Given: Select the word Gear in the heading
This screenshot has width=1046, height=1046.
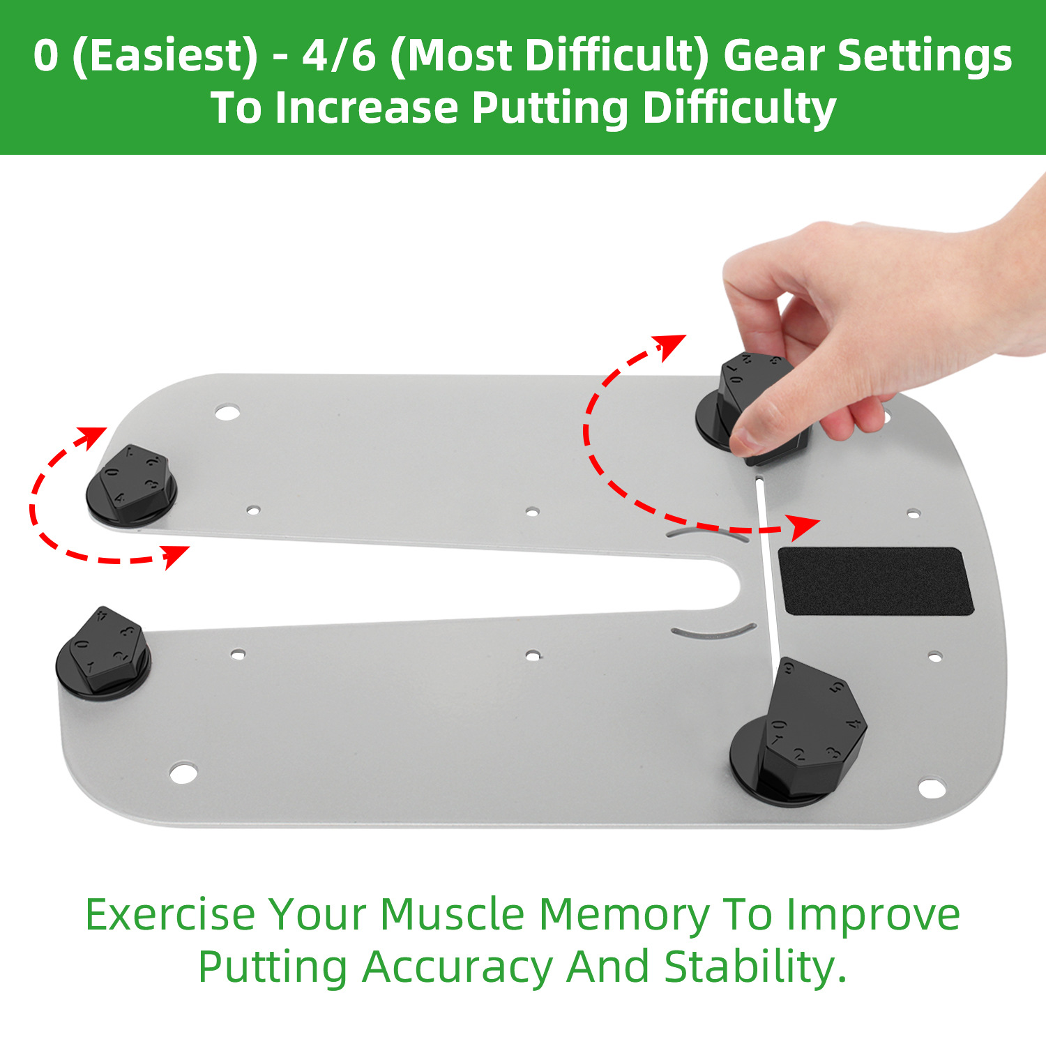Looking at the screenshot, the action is [772, 56].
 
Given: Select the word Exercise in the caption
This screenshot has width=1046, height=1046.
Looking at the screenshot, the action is [170, 914].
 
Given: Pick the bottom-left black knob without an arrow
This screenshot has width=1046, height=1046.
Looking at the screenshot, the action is [103, 653].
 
